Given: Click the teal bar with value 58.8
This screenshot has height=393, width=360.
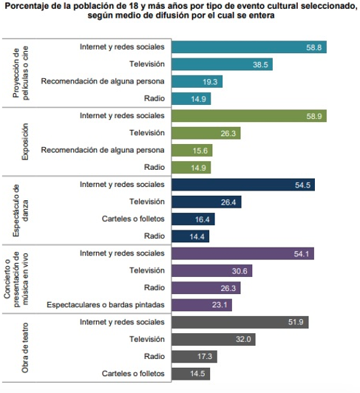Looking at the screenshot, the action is tap(249, 47).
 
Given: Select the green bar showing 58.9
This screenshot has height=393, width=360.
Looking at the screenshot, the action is tap(249, 116).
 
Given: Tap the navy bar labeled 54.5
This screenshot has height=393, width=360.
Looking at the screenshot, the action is tap(243, 185).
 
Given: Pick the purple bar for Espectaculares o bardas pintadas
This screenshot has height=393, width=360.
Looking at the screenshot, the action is tap(202, 305).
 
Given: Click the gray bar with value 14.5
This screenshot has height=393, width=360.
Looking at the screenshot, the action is tap(191, 374).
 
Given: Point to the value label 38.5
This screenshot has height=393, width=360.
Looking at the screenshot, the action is tap(260, 65).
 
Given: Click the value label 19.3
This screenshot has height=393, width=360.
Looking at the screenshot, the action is tap(210, 82).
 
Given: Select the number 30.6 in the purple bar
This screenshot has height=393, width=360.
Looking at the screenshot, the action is tap(240, 271).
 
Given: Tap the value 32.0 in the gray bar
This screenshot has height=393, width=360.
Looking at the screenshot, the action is tap(243, 339).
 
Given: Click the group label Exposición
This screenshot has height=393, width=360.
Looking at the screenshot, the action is tap(25, 142).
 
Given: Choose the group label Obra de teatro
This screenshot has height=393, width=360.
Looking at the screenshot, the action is tap(25, 348).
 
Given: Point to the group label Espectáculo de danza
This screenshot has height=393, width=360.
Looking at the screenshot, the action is tap(21, 211).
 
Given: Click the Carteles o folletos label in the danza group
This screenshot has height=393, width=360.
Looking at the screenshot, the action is tap(133, 219).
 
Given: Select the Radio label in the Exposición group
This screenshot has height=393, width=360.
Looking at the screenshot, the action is tap(154, 167).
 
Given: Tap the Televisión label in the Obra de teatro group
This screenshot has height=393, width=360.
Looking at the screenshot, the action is tap(147, 339).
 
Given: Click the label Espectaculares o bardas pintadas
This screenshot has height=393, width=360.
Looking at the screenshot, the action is tap(106, 305).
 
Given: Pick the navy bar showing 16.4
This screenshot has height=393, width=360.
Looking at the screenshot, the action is tap(193, 219).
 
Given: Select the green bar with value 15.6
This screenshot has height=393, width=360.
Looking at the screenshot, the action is tap(192, 151).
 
